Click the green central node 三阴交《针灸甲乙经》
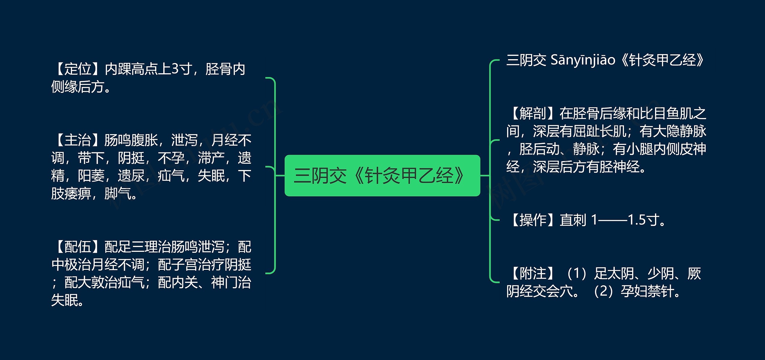[382, 176]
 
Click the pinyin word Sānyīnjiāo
[583, 60]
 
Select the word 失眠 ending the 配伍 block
[65, 300]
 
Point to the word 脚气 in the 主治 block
[118, 194]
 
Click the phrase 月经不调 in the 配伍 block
[118, 265]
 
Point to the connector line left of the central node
[280, 176]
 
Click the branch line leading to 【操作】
[495, 220]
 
